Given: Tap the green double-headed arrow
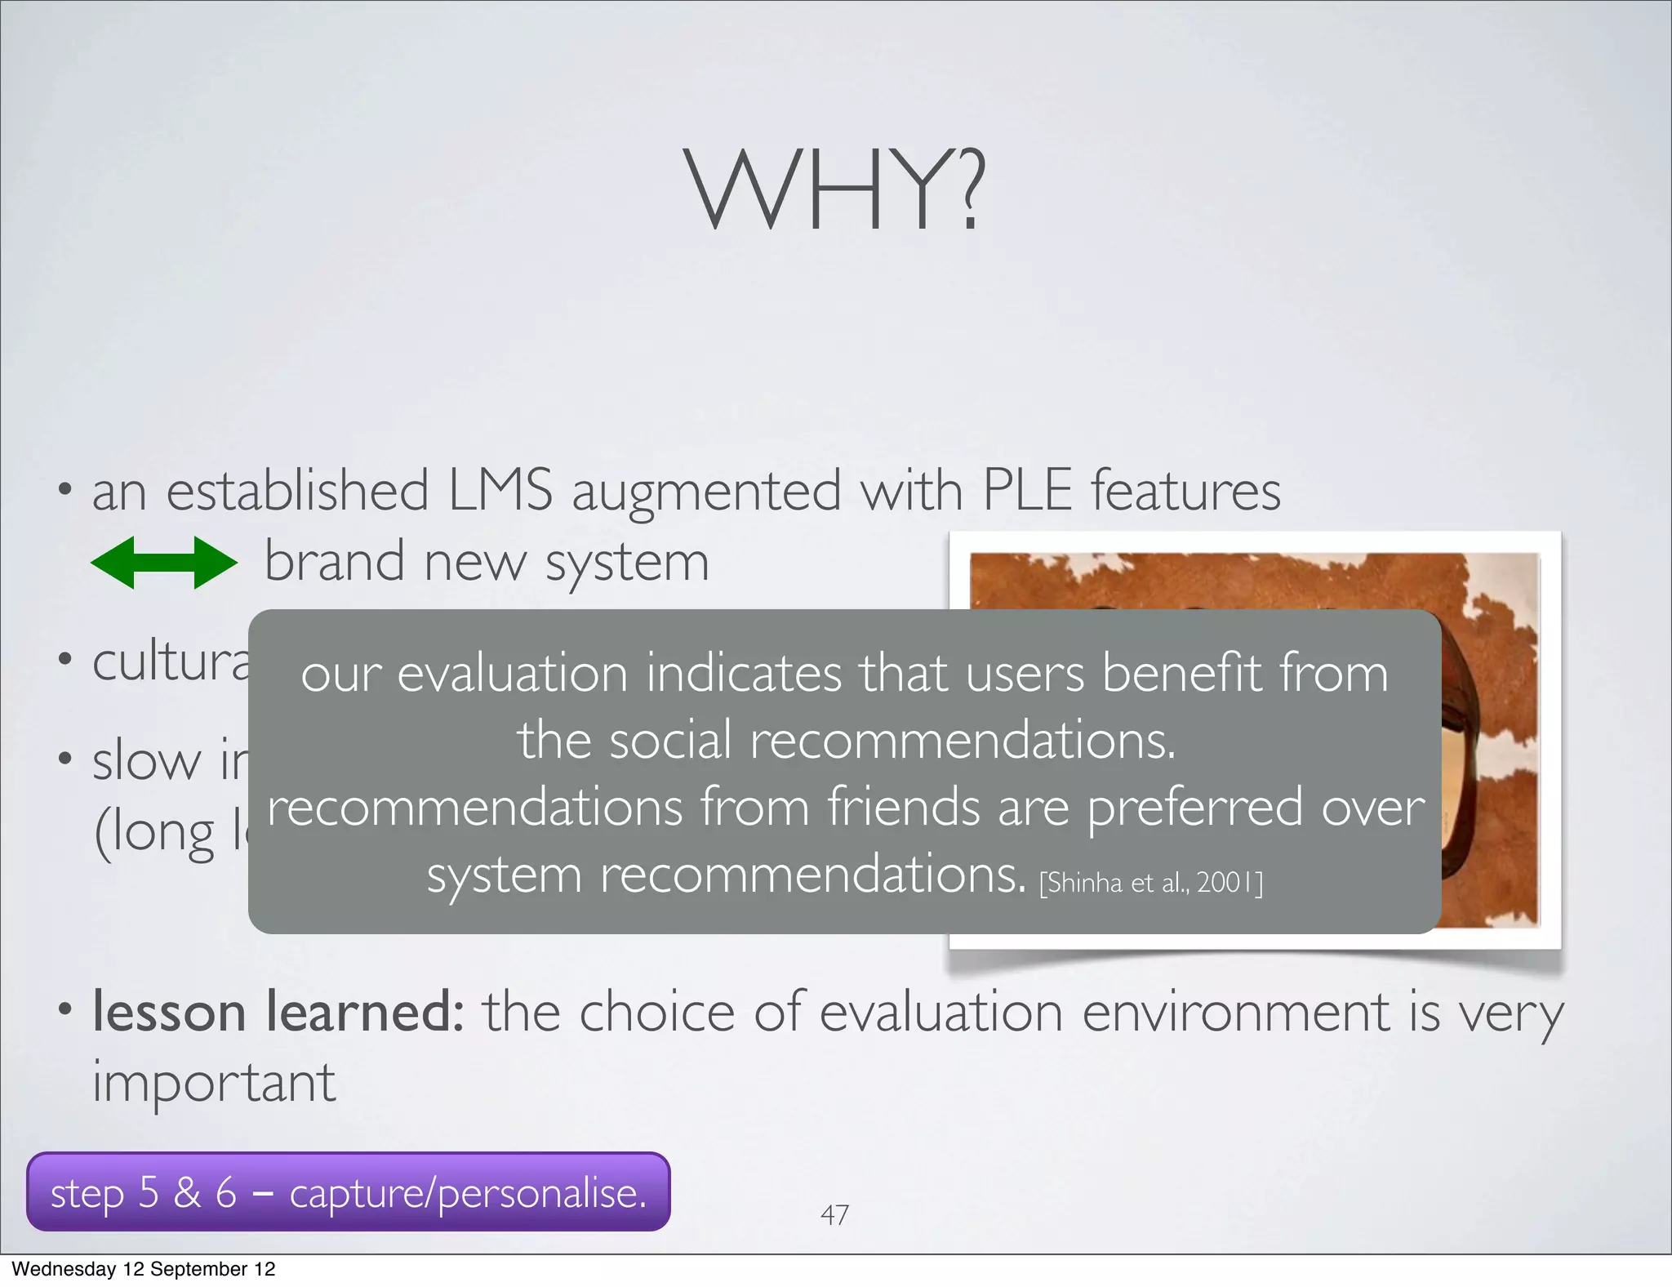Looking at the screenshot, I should click(x=163, y=563).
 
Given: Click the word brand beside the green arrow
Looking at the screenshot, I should click(x=335, y=562).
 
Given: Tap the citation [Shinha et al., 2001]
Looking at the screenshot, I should click(x=1150, y=883).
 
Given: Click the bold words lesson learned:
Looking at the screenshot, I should click(x=278, y=1012).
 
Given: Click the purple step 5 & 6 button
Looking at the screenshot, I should click(x=349, y=1192).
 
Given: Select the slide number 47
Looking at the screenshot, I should click(x=834, y=1215).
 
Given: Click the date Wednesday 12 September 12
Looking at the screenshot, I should click(x=144, y=1269).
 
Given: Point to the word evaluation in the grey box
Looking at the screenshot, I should click(x=512, y=674).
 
